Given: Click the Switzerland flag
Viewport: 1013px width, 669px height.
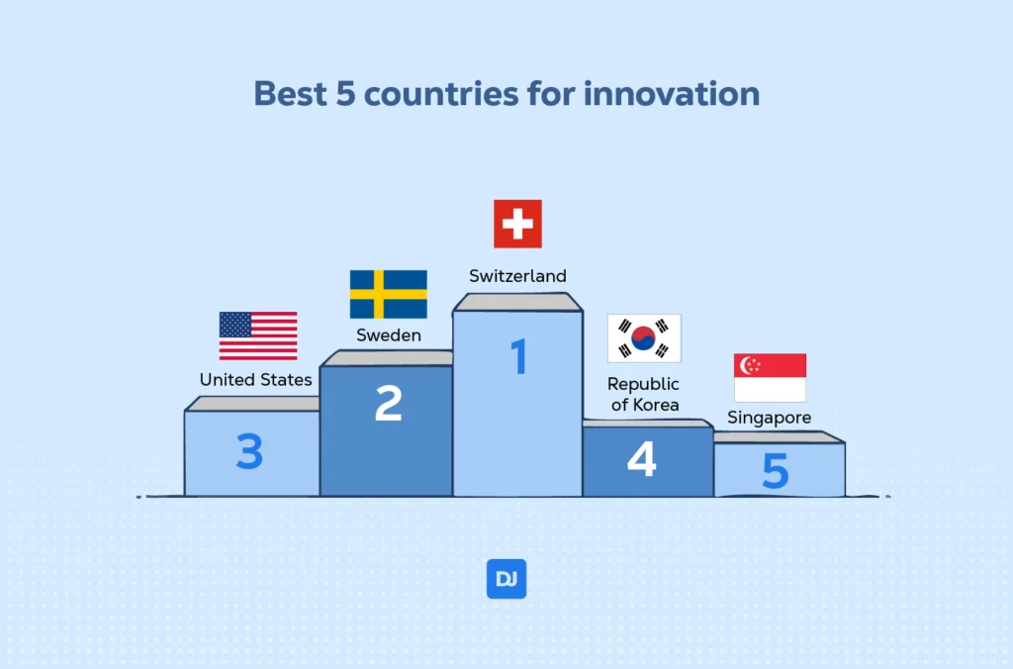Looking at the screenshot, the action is click(517, 224).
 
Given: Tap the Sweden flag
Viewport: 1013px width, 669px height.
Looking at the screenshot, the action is click(388, 294).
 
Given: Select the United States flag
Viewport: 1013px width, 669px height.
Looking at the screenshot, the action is click(258, 335).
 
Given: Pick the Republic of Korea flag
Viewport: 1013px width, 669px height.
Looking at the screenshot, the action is click(644, 338).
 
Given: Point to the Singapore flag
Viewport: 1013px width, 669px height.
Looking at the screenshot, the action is click(770, 377).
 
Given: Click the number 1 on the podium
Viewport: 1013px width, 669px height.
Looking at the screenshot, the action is click(518, 356).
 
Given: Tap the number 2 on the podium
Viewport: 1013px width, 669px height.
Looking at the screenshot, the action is click(388, 404).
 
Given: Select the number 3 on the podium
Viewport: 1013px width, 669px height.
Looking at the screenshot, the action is click(249, 450).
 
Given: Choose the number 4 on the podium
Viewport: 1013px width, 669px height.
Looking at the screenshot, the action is click(641, 459).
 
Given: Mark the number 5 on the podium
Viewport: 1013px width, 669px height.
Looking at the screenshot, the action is click(776, 470).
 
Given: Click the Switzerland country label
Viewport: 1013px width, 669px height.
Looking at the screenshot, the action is click(517, 276).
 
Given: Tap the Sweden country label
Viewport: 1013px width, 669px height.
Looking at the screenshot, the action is click(388, 334).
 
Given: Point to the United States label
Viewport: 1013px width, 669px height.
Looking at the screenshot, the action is click(256, 379).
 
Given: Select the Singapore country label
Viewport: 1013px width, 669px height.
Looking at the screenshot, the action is click(770, 418).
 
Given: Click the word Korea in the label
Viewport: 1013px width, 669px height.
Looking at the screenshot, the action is click(655, 405).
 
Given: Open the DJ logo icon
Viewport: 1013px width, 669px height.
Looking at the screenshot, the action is click(506, 579).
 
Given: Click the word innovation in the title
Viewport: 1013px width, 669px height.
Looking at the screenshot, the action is click(672, 93).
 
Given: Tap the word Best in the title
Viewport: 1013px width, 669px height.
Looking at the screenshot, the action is click(290, 93).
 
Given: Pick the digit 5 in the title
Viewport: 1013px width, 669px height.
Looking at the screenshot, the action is click(345, 94).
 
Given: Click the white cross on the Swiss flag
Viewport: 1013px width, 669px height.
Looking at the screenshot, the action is click(517, 224).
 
